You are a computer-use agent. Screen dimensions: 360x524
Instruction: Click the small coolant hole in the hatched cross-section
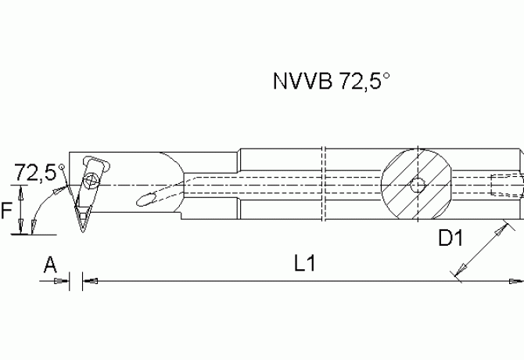tap(418, 185)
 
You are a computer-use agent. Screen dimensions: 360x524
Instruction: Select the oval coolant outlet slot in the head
tap(149, 200)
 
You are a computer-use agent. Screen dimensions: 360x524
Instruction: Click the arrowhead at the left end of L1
tap(88, 279)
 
